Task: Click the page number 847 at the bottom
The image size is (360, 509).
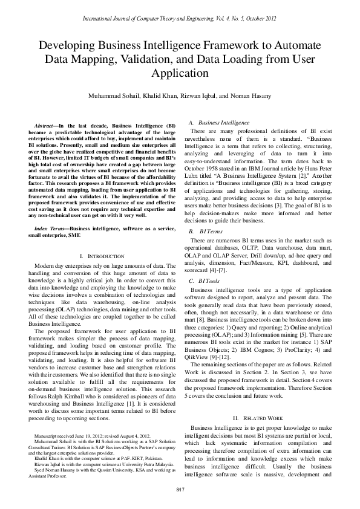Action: pos(180,488)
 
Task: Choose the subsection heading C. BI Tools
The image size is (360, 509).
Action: pos(205,281)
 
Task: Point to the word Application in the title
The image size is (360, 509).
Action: pos(180,73)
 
